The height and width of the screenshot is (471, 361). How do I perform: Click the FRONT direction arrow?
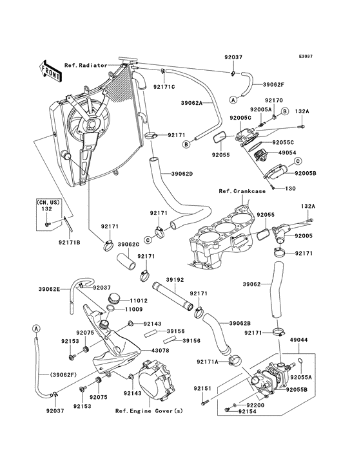pyautogui.click(x=50, y=71)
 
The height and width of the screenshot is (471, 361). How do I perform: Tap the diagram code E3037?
pyautogui.click(x=306, y=57)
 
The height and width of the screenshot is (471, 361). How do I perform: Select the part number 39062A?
pyautogui.click(x=191, y=103)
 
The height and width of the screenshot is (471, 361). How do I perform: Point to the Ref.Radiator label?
pyautogui.click(x=86, y=65)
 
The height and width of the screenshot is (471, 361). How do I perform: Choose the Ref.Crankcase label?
pyautogui.click(x=242, y=191)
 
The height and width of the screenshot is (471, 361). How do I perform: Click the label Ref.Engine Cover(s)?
pyautogui.click(x=149, y=411)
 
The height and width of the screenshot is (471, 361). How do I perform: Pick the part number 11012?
pyautogui.click(x=139, y=300)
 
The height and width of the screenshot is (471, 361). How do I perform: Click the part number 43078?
pyautogui.click(x=160, y=350)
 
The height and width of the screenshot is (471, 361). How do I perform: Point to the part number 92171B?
pyautogui.click(x=70, y=242)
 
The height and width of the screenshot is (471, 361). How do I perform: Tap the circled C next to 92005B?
pyautogui.click(x=298, y=162)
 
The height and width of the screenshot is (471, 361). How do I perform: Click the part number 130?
pyautogui.click(x=290, y=189)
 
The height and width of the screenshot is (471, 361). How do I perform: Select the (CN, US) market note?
pyautogui.click(x=48, y=203)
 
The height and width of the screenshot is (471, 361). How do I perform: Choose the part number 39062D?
pyautogui.click(x=182, y=173)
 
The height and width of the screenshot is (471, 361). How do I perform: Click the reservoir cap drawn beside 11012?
pyautogui.click(x=114, y=299)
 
